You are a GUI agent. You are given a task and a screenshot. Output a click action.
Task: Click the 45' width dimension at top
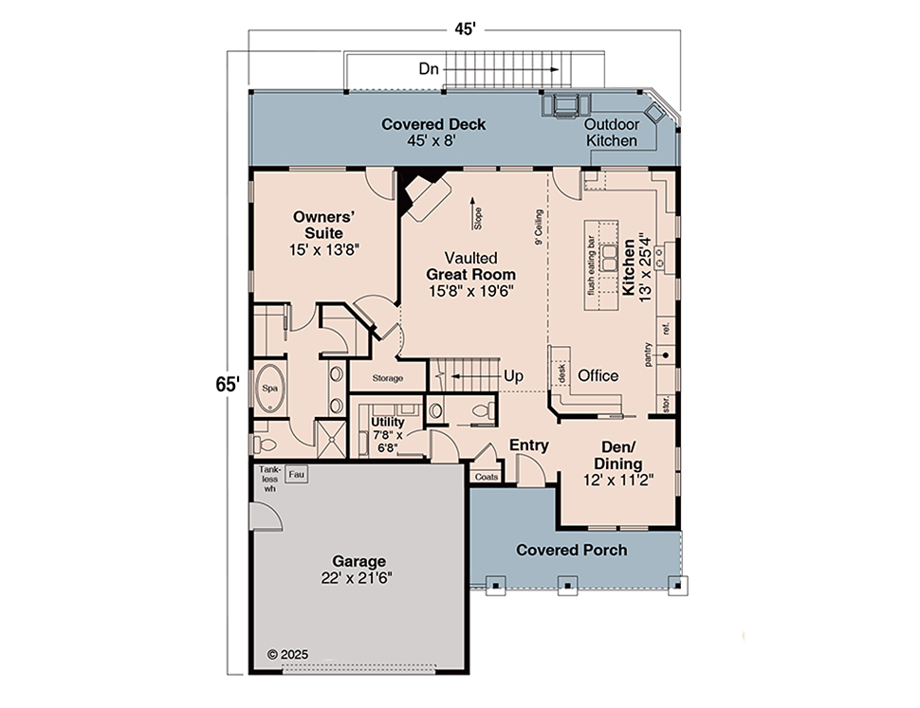(465, 28)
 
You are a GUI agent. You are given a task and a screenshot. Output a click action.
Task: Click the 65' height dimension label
(228, 385)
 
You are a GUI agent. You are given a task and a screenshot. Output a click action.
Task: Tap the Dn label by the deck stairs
(429, 68)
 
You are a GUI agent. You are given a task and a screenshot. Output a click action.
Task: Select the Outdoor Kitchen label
(612, 133)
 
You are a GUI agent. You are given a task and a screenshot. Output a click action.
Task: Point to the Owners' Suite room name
(323, 225)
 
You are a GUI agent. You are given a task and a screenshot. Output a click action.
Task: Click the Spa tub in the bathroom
(270, 389)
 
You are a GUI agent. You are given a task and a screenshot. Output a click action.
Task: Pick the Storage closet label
(387, 378)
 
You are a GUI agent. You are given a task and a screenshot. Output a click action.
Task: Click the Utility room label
(388, 422)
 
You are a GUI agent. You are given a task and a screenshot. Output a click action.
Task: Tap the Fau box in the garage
(296, 475)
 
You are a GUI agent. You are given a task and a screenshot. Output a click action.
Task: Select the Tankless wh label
(270, 479)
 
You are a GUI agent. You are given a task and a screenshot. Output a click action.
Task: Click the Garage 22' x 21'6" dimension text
(357, 578)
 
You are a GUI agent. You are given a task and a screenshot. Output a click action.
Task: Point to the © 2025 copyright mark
(287, 655)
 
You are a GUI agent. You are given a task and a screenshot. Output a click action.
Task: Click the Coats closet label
(487, 477)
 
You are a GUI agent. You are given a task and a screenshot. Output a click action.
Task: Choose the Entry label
(528, 445)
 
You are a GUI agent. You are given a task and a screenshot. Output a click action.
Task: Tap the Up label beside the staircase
(513, 376)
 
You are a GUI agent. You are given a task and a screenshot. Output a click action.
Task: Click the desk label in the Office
(561, 373)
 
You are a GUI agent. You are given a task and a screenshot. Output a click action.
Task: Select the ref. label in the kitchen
(666, 328)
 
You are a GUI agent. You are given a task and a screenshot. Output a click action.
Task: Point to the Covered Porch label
(572, 550)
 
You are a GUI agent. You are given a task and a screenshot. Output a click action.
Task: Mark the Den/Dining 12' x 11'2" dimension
(617, 480)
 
